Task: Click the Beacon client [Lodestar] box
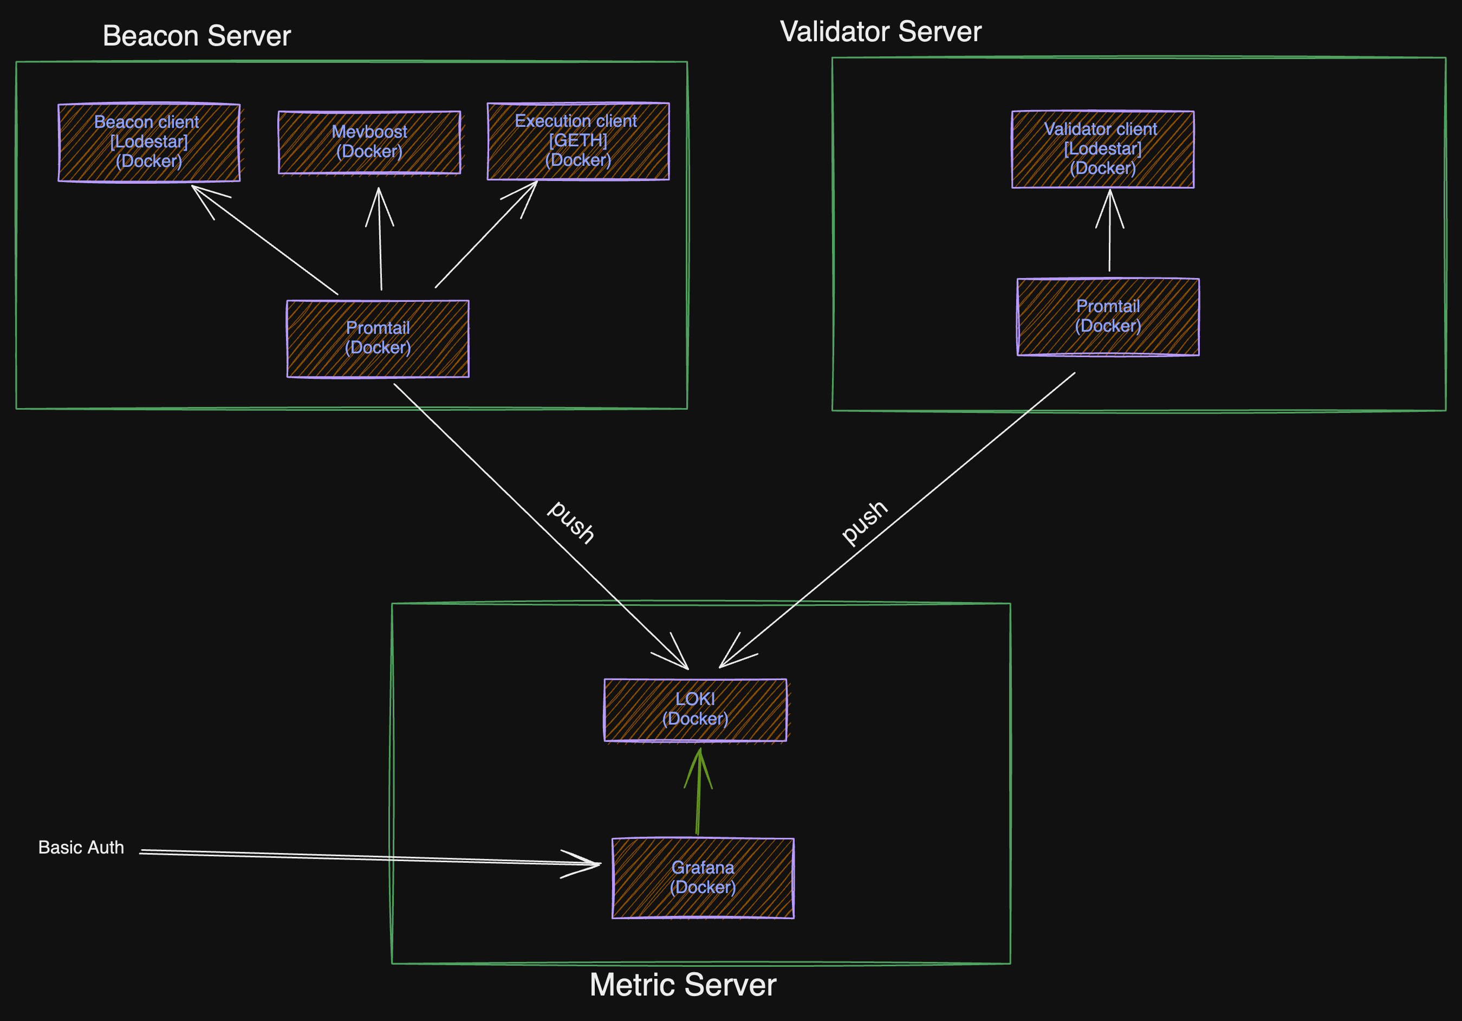point(149,142)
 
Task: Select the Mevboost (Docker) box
point(369,142)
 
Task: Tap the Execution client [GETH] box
point(578,141)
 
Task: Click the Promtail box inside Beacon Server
point(378,338)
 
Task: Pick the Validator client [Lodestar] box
point(1103,149)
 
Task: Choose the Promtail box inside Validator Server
point(1108,316)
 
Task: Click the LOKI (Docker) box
point(696,709)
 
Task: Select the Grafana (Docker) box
point(703,878)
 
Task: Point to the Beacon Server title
point(197,36)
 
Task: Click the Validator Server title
point(881,32)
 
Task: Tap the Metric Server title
point(683,985)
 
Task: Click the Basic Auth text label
point(81,848)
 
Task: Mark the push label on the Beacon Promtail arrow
point(571,522)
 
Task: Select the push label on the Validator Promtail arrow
point(864,522)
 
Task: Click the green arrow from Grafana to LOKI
point(699,793)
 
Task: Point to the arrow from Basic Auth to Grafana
point(369,857)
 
